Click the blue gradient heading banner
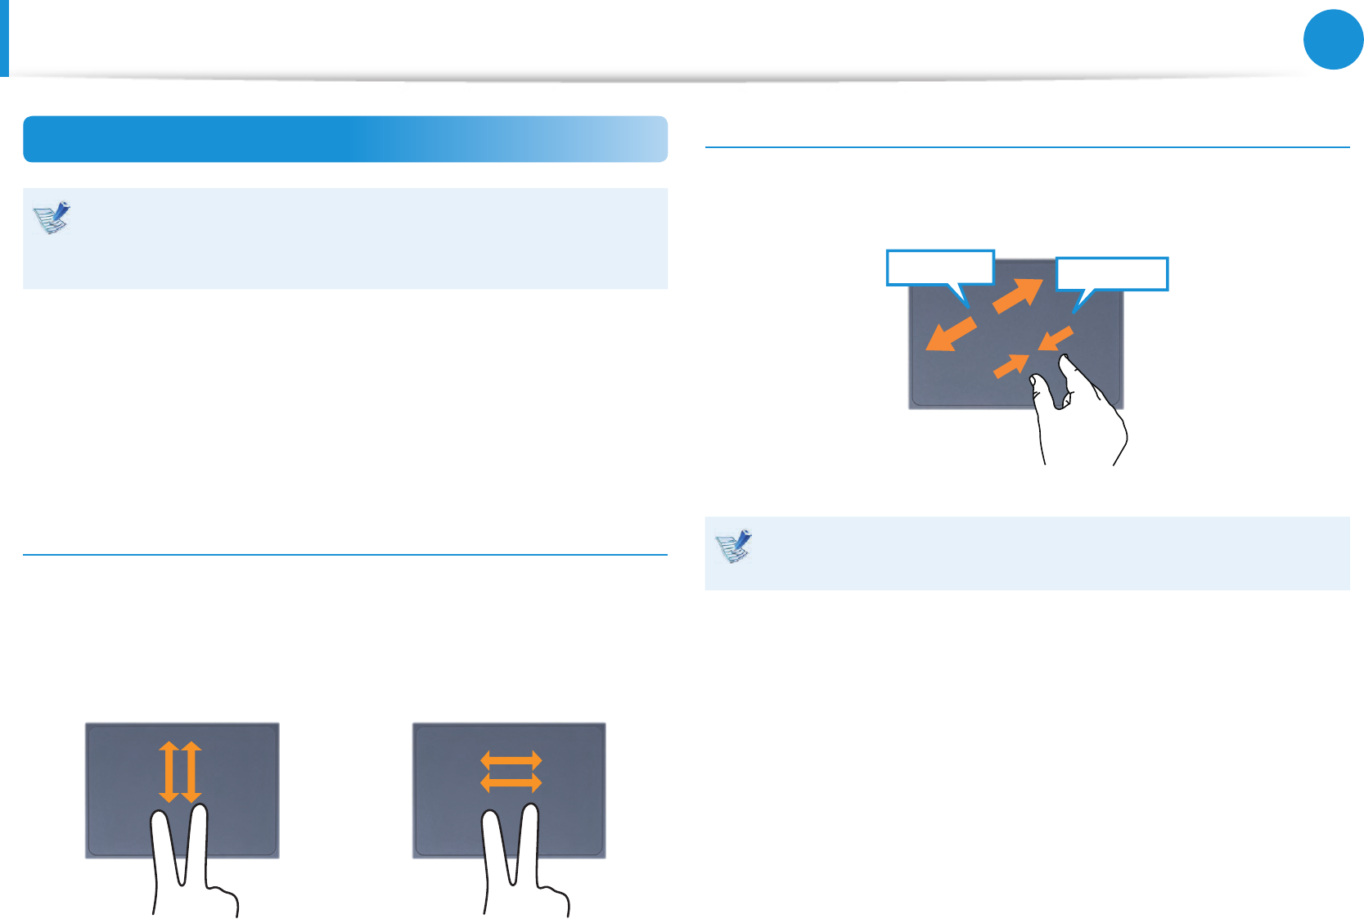pyautogui.click(x=345, y=139)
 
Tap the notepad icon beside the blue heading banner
pyautogui.click(x=52, y=218)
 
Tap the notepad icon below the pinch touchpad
pyautogui.click(x=733, y=547)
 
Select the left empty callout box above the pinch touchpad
pyautogui.click(x=939, y=268)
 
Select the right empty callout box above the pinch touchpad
pyautogui.click(x=1111, y=274)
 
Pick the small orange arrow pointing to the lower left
pyautogui.click(x=1056, y=337)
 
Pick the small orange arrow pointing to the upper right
pyautogui.click(x=1011, y=366)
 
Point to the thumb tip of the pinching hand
pyautogui.click(x=1036, y=381)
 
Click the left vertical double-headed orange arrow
pyautogui.click(x=169, y=772)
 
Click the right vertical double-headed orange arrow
pyautogui.click(x=191, y=772)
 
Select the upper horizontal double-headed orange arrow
pyautogui.click(x=511, y=759)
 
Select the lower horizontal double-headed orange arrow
pyautogui.click(x=511, y=783)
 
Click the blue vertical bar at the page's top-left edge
pyautogui.click(x=4, y=38)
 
